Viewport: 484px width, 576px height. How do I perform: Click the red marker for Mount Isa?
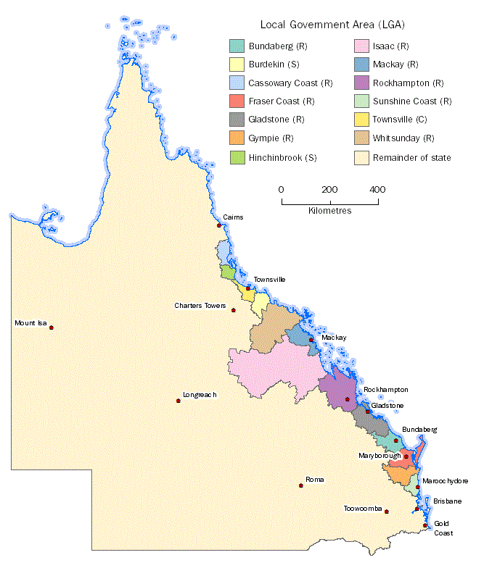click(x=52, y=327)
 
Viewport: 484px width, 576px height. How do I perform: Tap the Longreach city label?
click(x=200, y=394)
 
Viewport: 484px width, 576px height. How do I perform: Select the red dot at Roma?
click(x=301, y=485)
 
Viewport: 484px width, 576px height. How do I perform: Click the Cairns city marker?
click(x=219, y=225)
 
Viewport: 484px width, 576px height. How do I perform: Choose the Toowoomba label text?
click(x=362, y=509)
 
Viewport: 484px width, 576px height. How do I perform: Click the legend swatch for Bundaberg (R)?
click(x=237, y=46)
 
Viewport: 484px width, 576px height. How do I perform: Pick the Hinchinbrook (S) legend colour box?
click(x=237, y=156)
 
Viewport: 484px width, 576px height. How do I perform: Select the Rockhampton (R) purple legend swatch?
click(x=361, y=83)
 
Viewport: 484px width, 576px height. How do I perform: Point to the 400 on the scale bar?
click(x=377, y=189)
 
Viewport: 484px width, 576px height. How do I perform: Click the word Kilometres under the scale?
click(x=325, y=211)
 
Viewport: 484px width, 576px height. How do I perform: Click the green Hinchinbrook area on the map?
click(x=227, y=272)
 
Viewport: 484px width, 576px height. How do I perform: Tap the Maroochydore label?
click(x=446, y=480)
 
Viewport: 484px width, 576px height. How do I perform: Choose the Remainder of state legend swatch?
click(x=361, y=156)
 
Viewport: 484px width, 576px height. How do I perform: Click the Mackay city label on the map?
click(x=334, y=338)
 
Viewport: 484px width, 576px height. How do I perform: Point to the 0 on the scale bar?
click(x=282, y=189)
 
